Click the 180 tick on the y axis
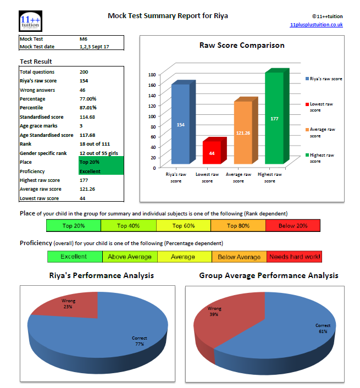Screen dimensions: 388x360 coord(153,74)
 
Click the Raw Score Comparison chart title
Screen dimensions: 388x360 coord(242,45)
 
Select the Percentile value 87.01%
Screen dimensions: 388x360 coord(88,108)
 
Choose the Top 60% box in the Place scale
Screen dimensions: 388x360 coord(183,225)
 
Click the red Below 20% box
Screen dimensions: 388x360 coord(292,225)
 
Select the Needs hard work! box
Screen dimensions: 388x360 coord(294,257)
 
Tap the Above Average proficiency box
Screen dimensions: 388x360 coord(130,257)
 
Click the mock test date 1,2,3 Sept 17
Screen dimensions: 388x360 coord(95,47)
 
